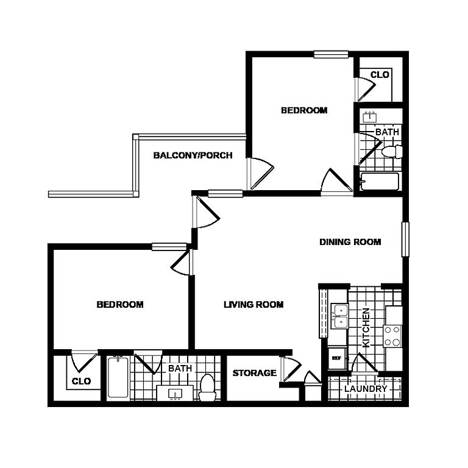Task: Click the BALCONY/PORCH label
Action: coord(193,155)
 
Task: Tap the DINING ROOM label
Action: coord(350,242)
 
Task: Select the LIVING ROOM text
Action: coord(253,305)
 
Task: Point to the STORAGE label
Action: coord(254,373)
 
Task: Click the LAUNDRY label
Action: coord(366,389)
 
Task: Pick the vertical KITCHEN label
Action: coord(366,327)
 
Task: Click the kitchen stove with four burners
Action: coord(392,336)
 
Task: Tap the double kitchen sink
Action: coord(339,316)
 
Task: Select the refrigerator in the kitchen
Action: coord(337,358)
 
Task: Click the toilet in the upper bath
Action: coord(392,152)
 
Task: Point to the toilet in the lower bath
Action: coord(207,388)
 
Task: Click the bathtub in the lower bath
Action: coord(118,377)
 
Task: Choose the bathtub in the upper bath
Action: coord(380,181)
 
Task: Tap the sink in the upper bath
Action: coord(369,117)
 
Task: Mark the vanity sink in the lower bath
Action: coord(175,394)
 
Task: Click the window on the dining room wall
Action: coord(405,239)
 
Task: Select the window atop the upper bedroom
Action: coord(331,54)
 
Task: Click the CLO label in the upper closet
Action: coord(380,74)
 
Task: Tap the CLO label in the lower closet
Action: coord(81,381)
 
